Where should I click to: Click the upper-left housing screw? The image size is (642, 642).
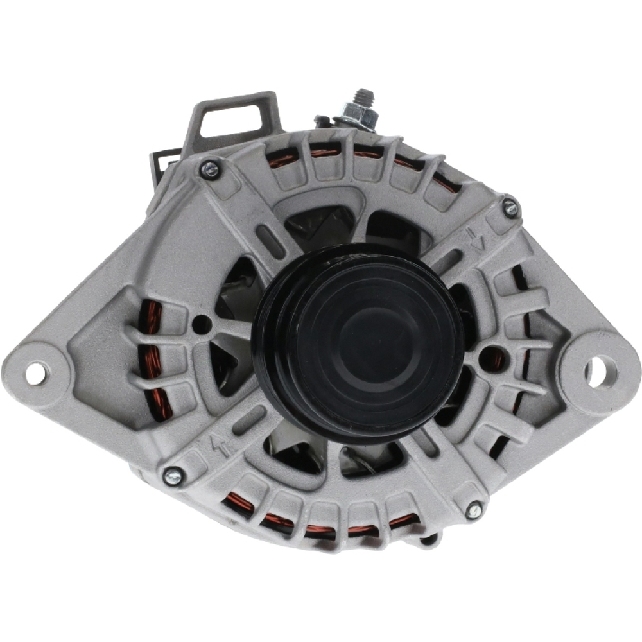[209, 170]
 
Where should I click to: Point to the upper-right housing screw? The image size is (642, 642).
[510, 207]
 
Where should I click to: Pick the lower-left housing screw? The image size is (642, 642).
[173, 476]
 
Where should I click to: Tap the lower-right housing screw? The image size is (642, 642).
[474, 510]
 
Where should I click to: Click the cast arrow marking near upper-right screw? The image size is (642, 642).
[476, 239]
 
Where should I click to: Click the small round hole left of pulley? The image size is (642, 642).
[201, 322]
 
